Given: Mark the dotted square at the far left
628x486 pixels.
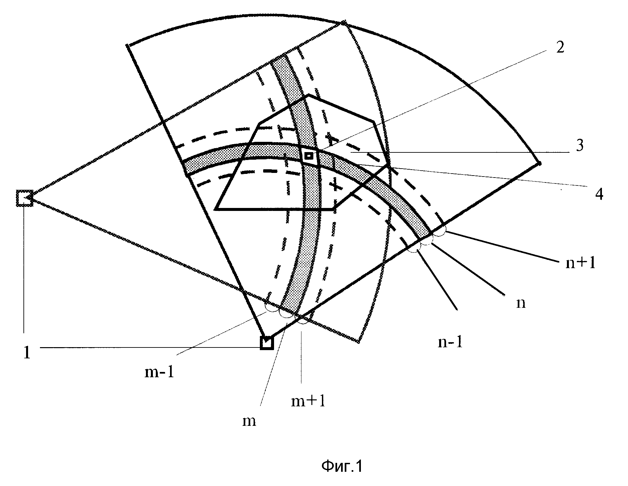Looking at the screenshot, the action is tap(25, 198).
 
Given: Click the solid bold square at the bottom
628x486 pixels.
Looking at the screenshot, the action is tap(266, 343).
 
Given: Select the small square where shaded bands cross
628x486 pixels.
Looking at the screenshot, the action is tap(309, 156).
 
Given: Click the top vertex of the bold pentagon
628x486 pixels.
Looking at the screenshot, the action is tap(309, 95).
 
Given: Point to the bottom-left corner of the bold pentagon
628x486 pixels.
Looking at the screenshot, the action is tap(216, 209).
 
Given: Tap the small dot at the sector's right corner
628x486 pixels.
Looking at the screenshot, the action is tap(539, 163).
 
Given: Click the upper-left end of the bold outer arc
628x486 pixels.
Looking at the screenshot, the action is tap(127, 45).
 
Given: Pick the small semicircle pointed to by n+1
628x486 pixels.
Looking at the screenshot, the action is tap(439, 232).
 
